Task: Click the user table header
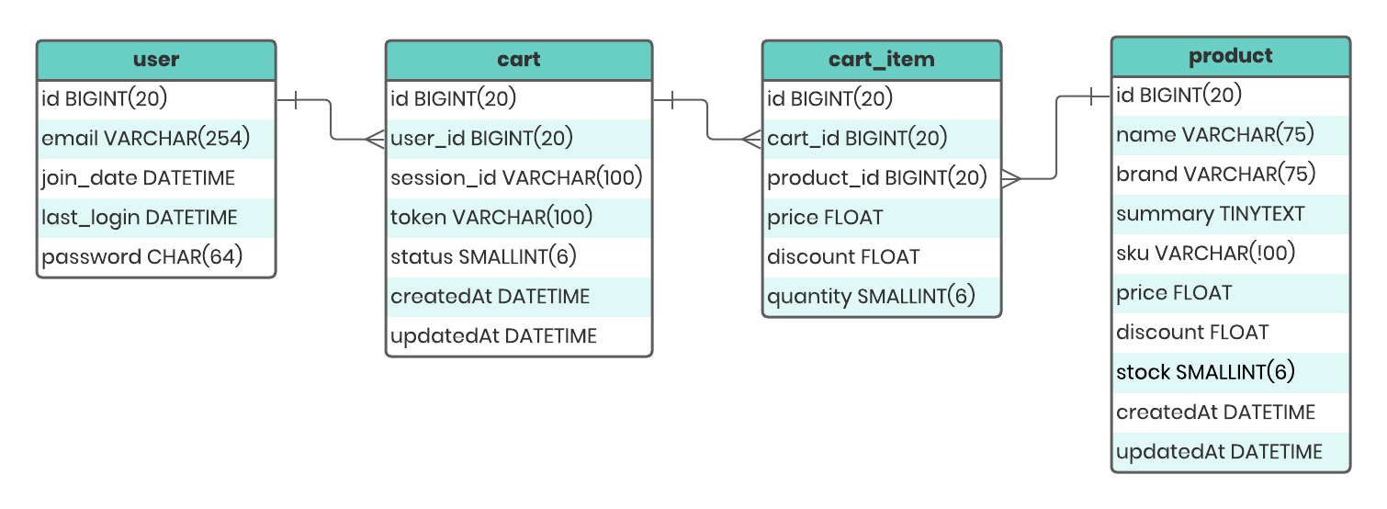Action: coord(156,60)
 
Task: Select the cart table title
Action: coord(519,60)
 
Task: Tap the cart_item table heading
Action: coord(882,60)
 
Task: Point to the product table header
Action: coord(1231,56)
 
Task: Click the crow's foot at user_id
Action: coord(376,140)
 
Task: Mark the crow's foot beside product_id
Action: coord(1011,179)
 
